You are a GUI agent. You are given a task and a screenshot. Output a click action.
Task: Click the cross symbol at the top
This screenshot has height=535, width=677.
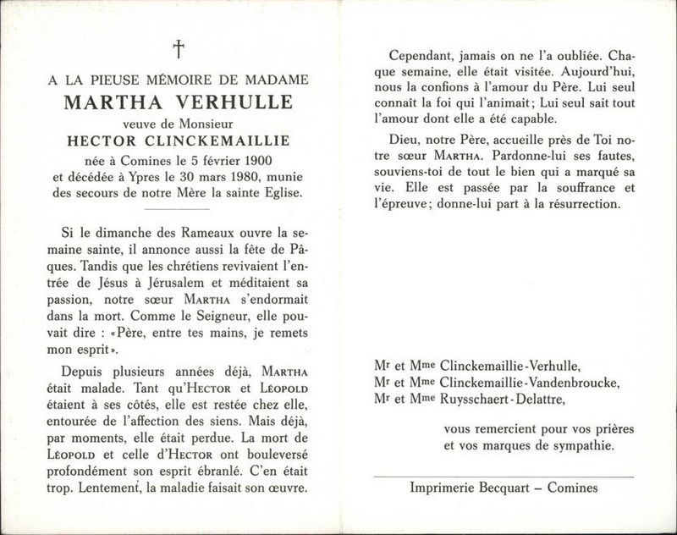(179, 50)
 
